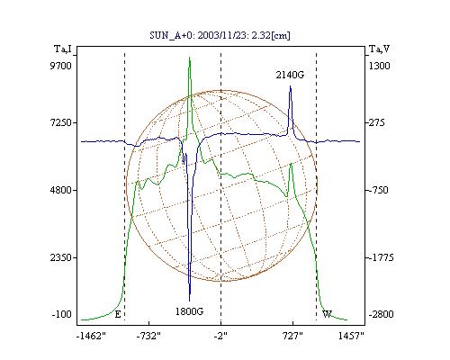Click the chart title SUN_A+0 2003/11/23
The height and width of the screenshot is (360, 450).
pos(220,35)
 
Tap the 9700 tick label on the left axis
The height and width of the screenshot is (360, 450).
pos(60,66)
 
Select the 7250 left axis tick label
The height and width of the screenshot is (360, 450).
pos(60,122)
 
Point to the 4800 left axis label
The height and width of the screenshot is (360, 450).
pos(60,190)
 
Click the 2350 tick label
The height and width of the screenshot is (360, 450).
pos(60,257)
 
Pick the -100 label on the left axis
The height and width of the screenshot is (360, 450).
pos(61,314)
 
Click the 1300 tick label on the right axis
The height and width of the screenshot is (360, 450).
pos(379,66)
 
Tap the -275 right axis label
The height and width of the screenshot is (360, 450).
pos(376,122)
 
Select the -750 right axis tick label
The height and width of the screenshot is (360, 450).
pos(378,190)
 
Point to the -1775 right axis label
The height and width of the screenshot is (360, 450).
pos(381,257)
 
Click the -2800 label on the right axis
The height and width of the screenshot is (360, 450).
pos(381,314)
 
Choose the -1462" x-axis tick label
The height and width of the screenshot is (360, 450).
pos(91,336)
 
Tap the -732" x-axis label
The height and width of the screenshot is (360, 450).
pos(148,336)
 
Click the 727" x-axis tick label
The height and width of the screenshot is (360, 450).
pos(292,336)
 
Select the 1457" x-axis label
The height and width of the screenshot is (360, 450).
pos(351,336)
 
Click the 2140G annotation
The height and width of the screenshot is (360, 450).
pos(290,75)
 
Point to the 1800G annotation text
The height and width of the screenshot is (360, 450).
pos(189,311)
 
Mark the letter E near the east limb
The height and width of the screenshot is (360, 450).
pos(118,314)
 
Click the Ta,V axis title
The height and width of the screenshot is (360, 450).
pos(380,49)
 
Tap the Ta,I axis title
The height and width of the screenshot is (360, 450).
pos(63,49)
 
